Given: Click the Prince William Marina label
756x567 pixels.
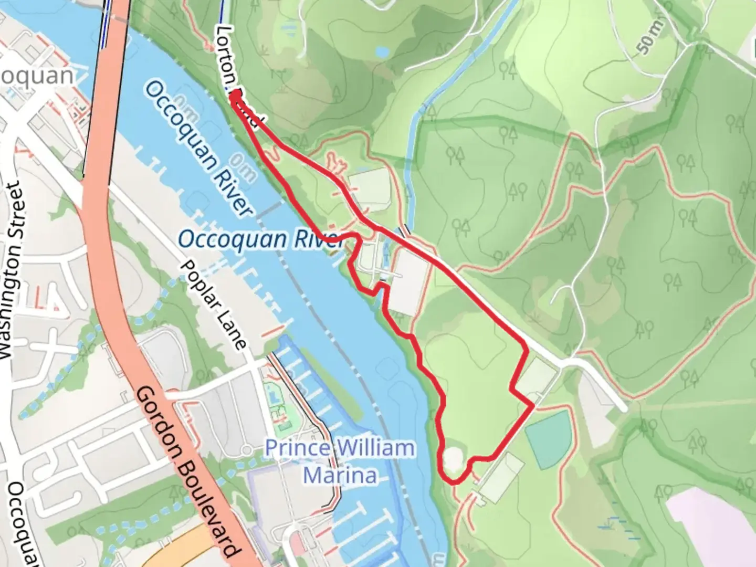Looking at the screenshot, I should (x=340, y=462).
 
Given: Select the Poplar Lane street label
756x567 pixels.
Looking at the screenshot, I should (x=213, y=304).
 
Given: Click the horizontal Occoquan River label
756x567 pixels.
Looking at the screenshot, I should (x=260, y=239).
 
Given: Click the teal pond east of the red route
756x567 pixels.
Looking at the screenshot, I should (x=549, y=439).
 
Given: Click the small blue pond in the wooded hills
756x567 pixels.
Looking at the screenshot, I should (x=382, y=51).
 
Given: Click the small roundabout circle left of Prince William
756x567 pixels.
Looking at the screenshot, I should (x=246, y=450).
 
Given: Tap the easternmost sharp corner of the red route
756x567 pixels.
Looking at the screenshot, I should (x=533, y=405).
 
